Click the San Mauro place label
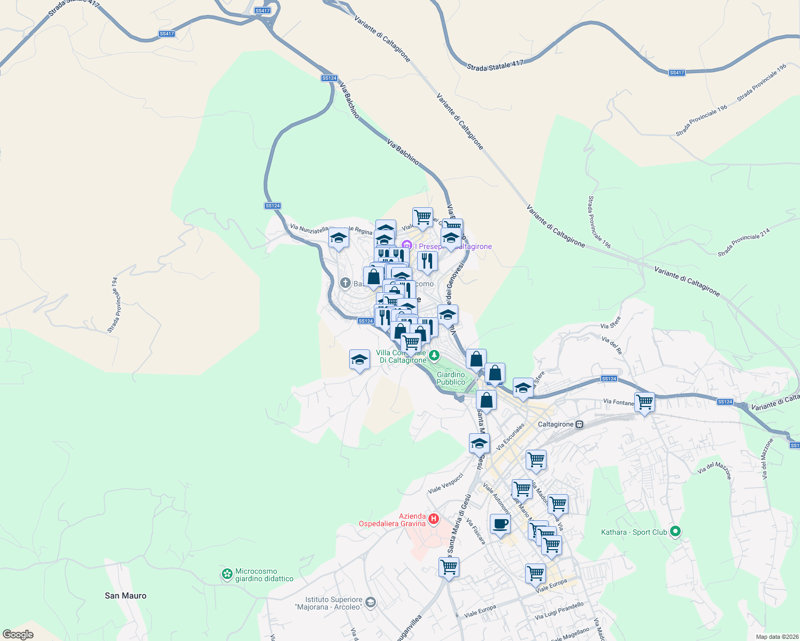tap(125, 596)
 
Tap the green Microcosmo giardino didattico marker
tap(227, 574)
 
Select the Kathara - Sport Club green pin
tap(675, 531)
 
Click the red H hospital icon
tap(434, 519)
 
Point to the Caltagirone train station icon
tap(579, 425)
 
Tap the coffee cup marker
tap(500, 524)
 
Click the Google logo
tap(18, 635)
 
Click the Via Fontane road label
tap(618, 402)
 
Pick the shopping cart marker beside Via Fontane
tap(645, 402)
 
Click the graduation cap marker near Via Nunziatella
tap(339, 238)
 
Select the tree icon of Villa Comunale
tap(435, 355)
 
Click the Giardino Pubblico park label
tap(451, 378)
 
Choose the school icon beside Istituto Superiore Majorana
tap(371, 603)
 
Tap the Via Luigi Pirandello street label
tap(559, 611)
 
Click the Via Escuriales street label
tap(510, 437)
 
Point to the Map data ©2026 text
tap(776, 637)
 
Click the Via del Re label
tap(612, 346)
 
